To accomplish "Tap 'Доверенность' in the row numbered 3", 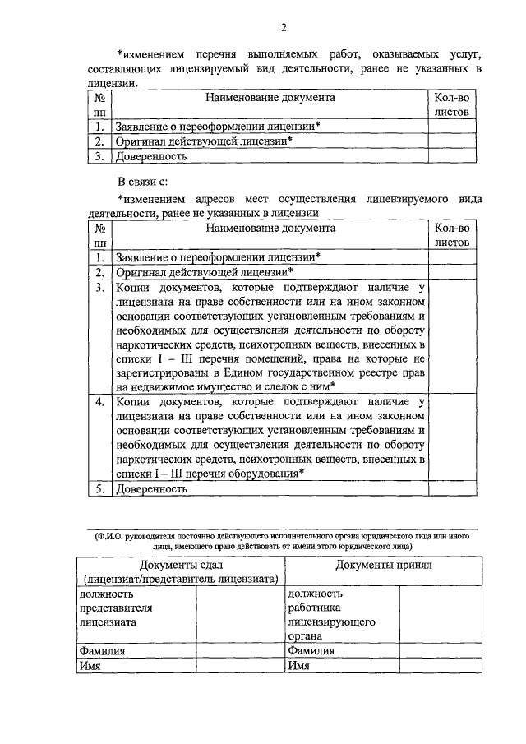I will [151, 155].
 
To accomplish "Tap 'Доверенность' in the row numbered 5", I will [151, 488].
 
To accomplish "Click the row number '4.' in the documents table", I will [99, 402].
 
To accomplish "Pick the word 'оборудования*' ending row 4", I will [265, 472].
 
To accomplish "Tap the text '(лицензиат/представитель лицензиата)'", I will [178, 579].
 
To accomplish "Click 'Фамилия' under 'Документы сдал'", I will [101, 651].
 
